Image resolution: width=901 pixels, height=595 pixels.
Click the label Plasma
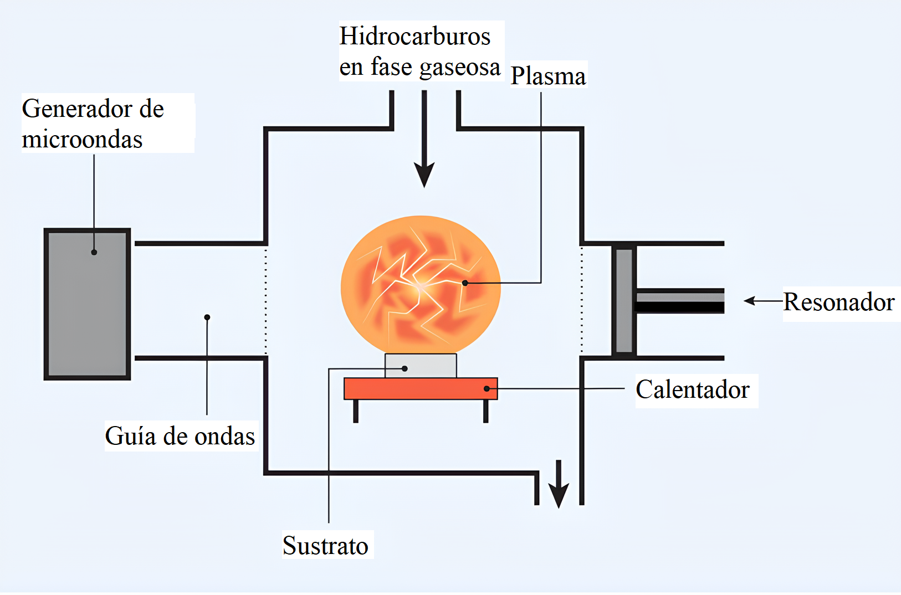pyautogui.click(x=547, y=76)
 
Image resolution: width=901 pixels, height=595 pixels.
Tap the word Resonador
pyautogui.click(x=838, y=302)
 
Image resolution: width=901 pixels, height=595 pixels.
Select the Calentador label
pyautogui.click(x=692, y=390)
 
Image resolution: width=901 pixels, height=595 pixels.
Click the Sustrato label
pyautogui.click(x=325, y=546)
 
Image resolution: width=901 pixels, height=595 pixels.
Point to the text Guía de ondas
pyautogui.click(x=180, y=437)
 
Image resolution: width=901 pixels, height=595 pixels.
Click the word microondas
pyautogui.click(x=82, y=140)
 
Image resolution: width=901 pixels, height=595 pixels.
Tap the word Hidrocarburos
pyautogui.click(x=414, y=37)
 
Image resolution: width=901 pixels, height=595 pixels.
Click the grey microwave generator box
pyautogui.click(x=87, y=304)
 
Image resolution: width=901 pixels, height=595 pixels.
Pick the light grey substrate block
pyautogui.click(x=421, y=366)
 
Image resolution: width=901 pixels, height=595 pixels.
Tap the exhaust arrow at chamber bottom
pyautogui.click(x=559, y=484)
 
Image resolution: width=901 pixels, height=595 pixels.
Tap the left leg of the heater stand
pyautogui.click(x=356, y=411)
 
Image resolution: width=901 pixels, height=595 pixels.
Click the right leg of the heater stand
pyautogui.click(x=485, y=411)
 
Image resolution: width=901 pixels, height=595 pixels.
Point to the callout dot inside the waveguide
pyautogui.click(x=207, y=317)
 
